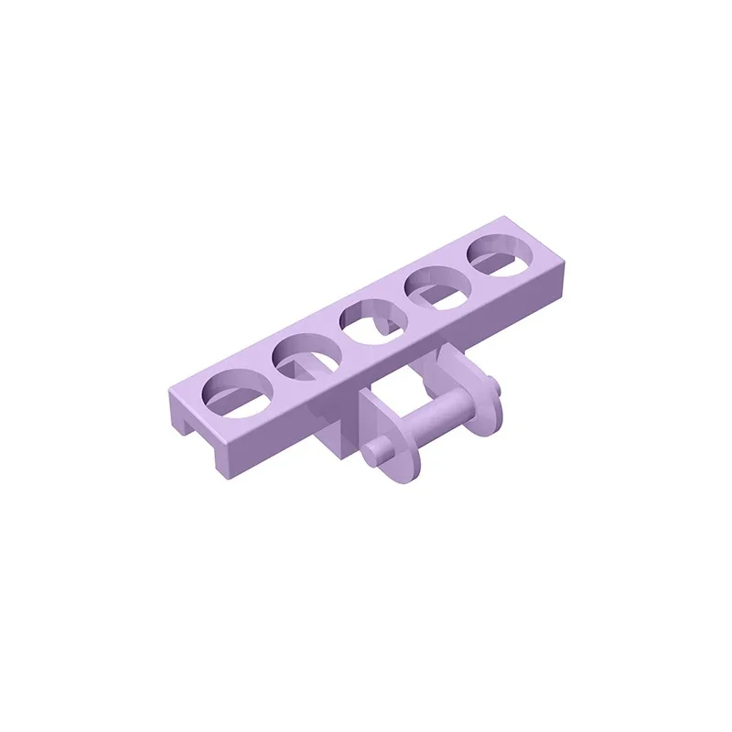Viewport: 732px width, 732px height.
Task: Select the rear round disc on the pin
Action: click(x=482, y=396)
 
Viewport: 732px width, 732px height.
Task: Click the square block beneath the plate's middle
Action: click(x=339, y=430)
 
